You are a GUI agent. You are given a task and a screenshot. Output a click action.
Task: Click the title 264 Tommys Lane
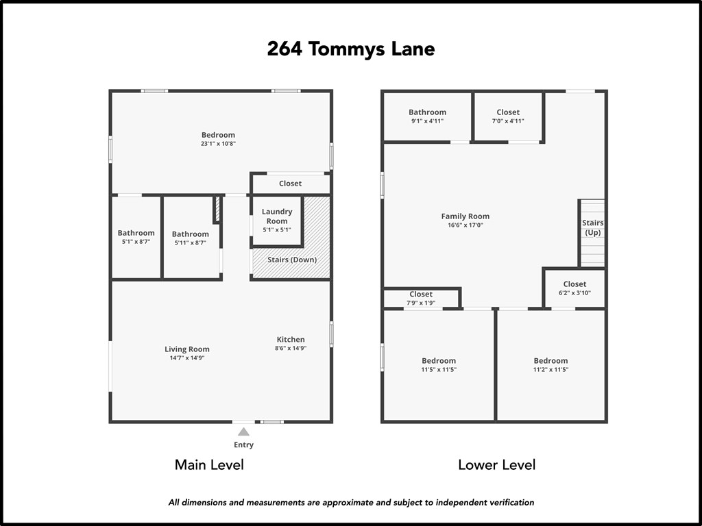pyautogui.click(x=350, y=49)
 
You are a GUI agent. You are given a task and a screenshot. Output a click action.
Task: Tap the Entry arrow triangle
pyautogui.click(x=243, y=431)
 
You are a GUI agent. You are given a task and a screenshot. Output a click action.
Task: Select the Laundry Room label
pyautogui.click(x=277, y=216)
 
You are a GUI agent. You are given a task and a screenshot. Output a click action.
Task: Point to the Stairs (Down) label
pyautogui.click(x=292, y=260)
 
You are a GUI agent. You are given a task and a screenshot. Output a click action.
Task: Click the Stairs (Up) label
pyautogui.click(x=593, y=227)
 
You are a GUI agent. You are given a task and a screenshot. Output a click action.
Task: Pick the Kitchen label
pyautogui.click(x=291, y=339)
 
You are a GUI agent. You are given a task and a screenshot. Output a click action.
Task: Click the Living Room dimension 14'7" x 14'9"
pyautogui.click(x=187, y=358)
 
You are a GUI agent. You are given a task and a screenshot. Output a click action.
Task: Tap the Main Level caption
pyautogui.click(x=209, y=465)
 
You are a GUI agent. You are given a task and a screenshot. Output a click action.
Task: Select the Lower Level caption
pyautogui.click(x=496, y=465)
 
